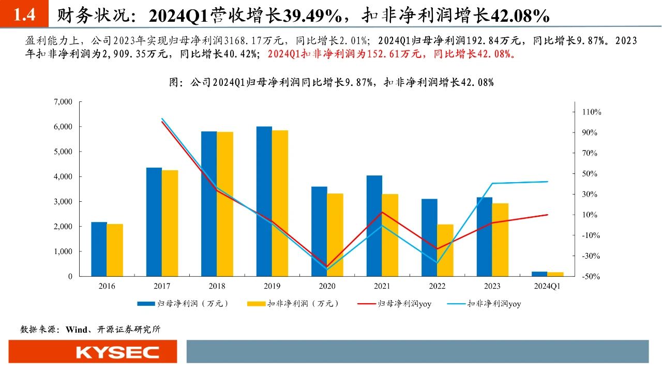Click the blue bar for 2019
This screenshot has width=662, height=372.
[x=264, y=201]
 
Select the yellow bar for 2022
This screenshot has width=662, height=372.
[x=445, y=250]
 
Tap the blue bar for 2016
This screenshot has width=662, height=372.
[x=99, y=249]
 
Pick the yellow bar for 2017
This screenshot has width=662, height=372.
[x=170, y=223]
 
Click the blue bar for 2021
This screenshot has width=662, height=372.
[x=374, y=226]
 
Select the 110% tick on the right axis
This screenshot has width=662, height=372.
[x=592, y=112]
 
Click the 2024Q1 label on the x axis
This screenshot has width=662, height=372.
[x=548, y=286]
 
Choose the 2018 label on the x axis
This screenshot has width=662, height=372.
[x=217, y=286]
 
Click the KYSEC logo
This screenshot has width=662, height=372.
[x=118, y=352]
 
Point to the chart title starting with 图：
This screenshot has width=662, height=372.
[x=331, y=82]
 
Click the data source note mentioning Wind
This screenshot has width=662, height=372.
[x=90, y=329]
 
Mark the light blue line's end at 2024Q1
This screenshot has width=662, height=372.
[x=548, y=182]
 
